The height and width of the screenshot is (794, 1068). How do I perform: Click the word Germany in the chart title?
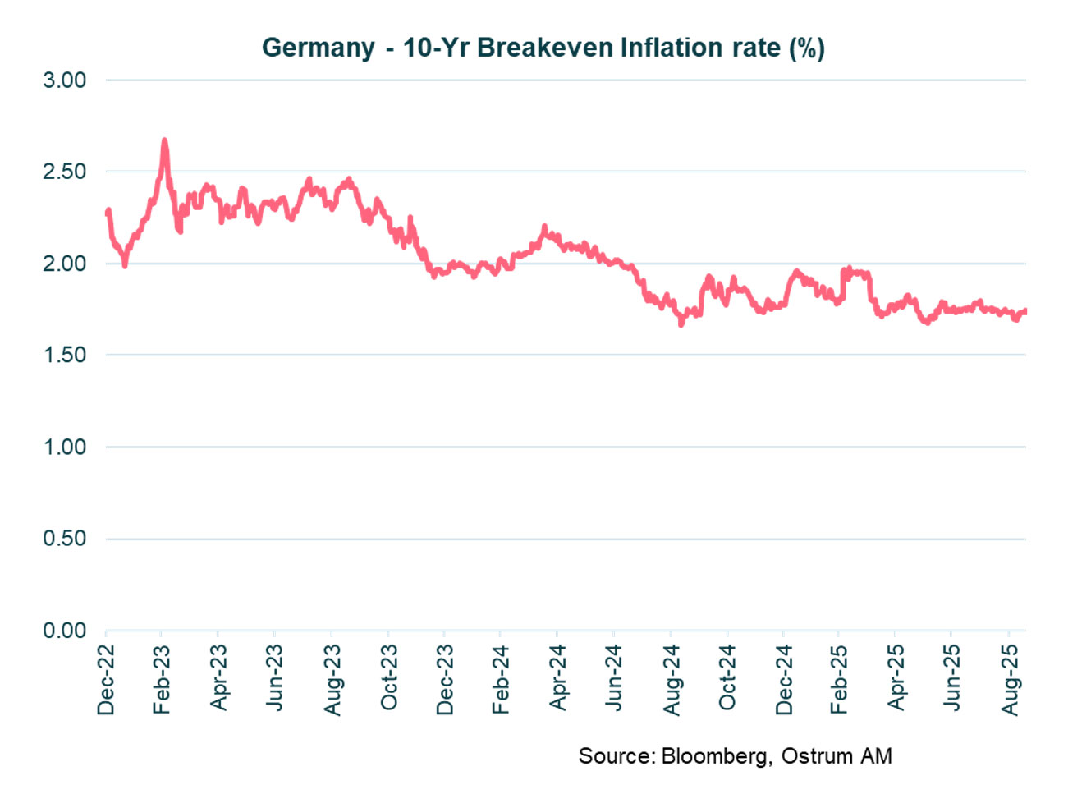pyautogui.click(x=318, y=48)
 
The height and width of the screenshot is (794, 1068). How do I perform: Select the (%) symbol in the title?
pyautogui.click(x=806, y=48)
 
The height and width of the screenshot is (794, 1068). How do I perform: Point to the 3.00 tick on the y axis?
pyautogui.click(x=65, y=80)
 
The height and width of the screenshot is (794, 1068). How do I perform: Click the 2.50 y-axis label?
pyautogui.click(x=65, y=172)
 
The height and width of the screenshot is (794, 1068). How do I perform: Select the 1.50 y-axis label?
pyautogui.click(x=65, y=355)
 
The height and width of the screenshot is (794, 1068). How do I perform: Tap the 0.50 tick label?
pyautogui.click(x=65, y=539)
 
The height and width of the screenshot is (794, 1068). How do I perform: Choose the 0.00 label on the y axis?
pyautogui.click(x=65, y=631)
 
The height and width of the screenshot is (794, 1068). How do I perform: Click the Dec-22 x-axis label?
pyautogui.click(x=106, y=680)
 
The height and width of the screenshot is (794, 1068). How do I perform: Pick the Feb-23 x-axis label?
pyautogui.click(x=162, y=680)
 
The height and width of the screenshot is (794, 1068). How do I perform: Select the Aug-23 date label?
pyautogui.click(x=332, y=680)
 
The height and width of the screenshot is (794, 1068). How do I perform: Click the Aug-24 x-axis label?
pyautogui.click(x=672, y=680)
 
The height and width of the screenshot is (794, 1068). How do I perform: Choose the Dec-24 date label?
pyautogui.click(x=784, y=680)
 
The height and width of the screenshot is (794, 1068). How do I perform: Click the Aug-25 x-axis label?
pyautogui.click(x=1010, y=680)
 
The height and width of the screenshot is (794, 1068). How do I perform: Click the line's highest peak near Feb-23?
pyautogui.click(x=164, y=141)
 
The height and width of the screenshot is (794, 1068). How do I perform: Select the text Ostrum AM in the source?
pyautogui.click(x=836, y=755)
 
